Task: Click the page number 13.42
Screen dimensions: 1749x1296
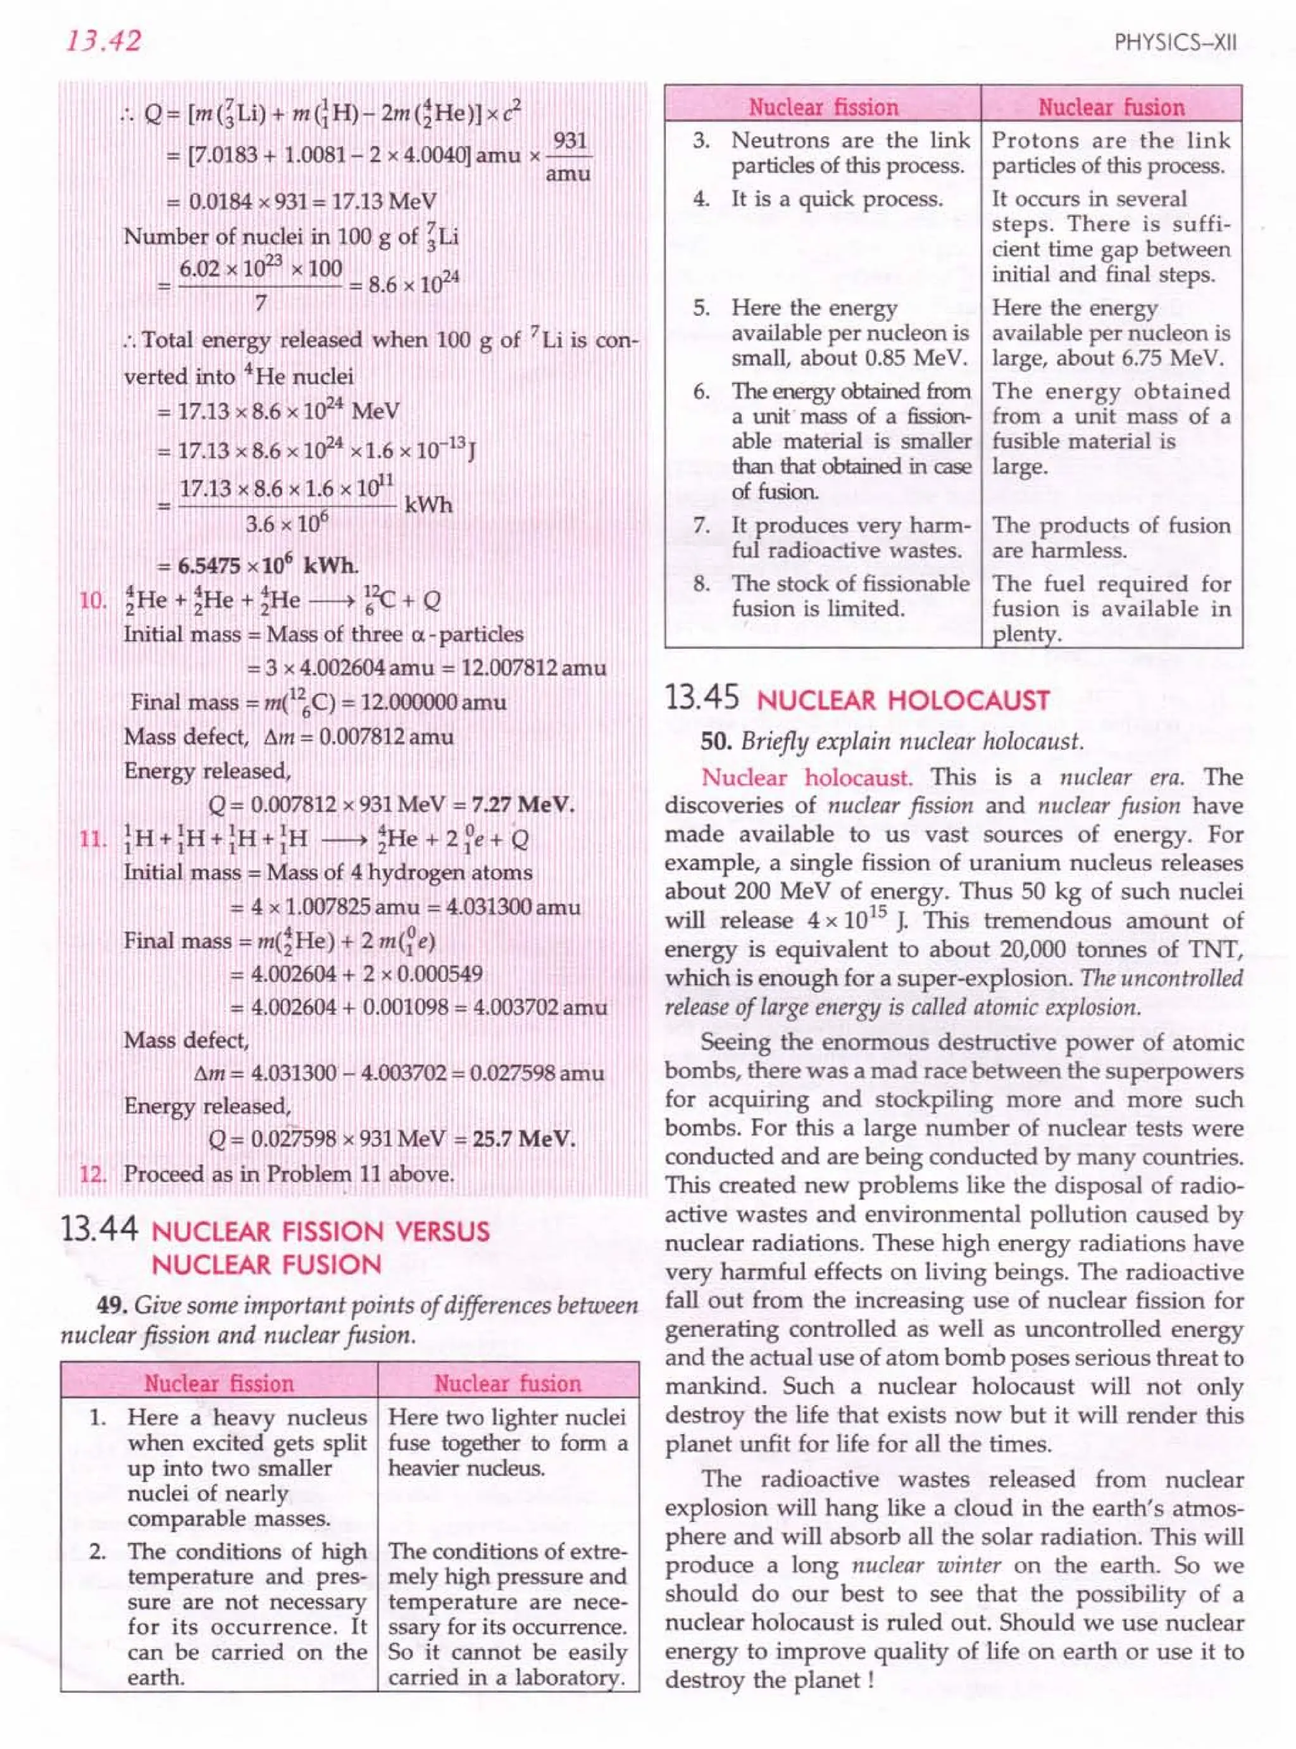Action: (x=103, y=40)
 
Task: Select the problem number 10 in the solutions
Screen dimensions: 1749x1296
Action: (x=92, y=601)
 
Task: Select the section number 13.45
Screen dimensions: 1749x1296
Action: (x=702, y=698)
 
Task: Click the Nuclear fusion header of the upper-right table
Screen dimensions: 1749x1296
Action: (x=1111, y=107)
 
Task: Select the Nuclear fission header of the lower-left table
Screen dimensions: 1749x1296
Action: (x=219, y=1382)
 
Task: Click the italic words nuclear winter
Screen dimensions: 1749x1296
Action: (x=926, y=1565)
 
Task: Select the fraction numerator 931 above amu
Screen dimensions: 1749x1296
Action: (x=570, y=141)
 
